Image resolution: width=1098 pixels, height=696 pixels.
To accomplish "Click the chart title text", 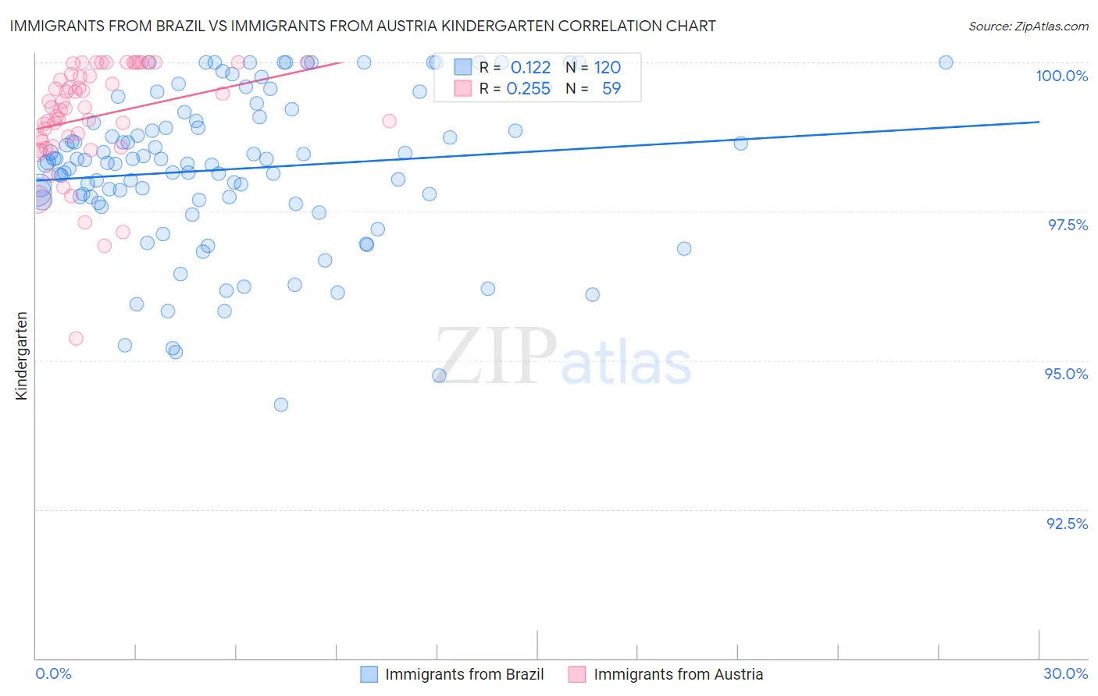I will (362, 26).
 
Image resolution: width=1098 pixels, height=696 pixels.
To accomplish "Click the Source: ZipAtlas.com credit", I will (1028, 26).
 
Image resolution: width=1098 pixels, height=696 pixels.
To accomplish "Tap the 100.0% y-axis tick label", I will (1061, 76).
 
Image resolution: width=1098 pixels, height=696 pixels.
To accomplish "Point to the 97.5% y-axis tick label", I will (1068, 225).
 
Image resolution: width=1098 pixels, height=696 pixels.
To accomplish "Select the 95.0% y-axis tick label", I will (1066, 374).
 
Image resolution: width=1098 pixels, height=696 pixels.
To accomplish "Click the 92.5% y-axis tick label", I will (1067, 524).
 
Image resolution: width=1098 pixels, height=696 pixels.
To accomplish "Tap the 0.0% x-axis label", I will (54, 673).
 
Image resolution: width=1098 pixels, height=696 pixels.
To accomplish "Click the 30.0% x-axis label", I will (1065, 673).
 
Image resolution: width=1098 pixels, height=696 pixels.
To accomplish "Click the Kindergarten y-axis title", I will (22, 356).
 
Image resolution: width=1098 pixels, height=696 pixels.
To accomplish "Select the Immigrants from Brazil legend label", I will (464, 674).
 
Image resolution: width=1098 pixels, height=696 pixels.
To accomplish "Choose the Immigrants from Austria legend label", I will (678, 674).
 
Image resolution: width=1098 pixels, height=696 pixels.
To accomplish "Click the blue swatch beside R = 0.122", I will (463, 68).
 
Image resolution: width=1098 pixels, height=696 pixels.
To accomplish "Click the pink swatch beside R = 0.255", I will (463, 89).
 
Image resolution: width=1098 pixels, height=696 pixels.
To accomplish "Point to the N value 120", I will (607, 68).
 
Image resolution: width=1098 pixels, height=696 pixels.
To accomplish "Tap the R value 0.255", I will (528, 89).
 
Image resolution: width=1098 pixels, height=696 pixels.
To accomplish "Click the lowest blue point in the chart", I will (281, 404).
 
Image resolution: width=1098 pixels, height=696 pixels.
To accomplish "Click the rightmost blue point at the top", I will (946, 62).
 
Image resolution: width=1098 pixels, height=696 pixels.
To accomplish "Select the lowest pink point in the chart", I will (76, 338).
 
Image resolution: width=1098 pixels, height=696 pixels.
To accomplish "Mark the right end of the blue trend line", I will (1039, 122).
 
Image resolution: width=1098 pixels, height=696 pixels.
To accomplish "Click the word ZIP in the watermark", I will (496, 357).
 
